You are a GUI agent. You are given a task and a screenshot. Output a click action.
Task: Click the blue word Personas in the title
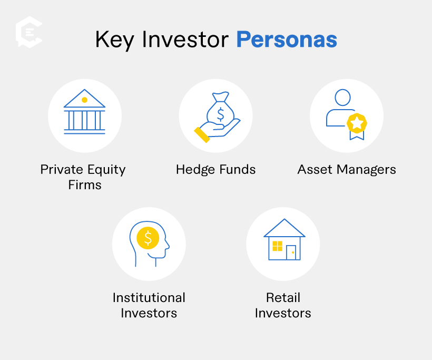point(287,40)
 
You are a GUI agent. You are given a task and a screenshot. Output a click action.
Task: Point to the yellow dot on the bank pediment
point(84,100)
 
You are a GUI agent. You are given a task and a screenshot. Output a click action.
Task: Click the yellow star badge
point(356,123)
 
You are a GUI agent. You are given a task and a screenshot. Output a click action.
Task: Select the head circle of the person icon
point(342,98)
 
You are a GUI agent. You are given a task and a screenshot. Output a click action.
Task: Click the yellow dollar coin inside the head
point(148,238)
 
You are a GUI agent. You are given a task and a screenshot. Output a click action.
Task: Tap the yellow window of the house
point(277,246)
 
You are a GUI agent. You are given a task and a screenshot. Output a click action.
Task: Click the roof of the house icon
point(284,228)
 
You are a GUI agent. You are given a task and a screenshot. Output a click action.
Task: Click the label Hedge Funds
point(215,170)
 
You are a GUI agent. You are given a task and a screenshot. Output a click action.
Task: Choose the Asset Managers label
point(347,170)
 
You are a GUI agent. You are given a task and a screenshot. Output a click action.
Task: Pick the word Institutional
point(149,298)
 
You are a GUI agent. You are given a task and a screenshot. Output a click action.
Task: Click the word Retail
point(283,297)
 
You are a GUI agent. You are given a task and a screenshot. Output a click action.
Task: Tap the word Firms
point(84,185)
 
